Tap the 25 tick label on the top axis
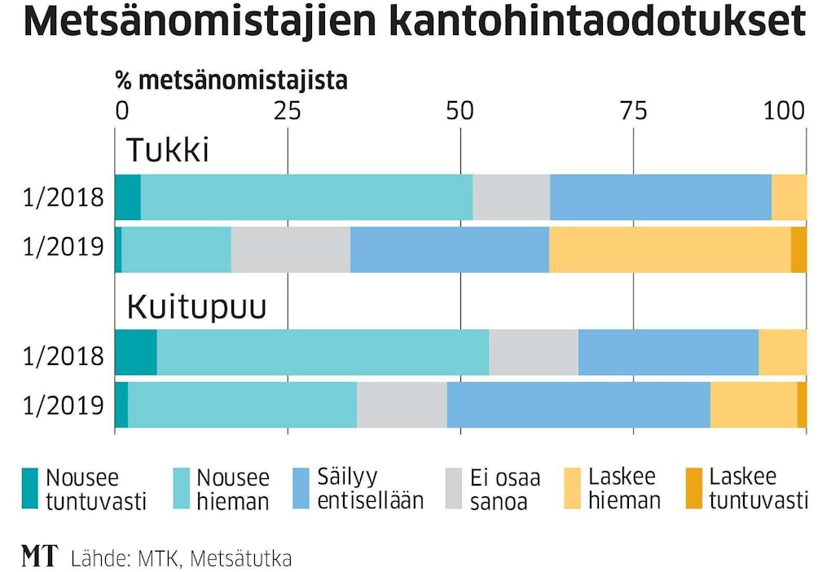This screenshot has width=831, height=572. (x=287, y=110)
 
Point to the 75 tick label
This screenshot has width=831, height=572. (x=633, y=110)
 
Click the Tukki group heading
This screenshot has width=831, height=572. (x=167, y=151)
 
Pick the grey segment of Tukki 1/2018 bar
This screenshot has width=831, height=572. (x=511, y=197)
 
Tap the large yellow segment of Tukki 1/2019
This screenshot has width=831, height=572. (x=669, y=249)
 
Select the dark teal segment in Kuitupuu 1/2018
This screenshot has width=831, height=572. (x=135, y=352)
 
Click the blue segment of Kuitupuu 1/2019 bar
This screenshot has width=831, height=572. (x=578, y=405)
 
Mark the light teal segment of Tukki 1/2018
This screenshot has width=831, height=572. (x=306, y=197)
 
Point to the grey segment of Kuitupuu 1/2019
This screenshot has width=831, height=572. (x=401, y=405)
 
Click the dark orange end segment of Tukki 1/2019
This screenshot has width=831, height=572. (x=798, y=249)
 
